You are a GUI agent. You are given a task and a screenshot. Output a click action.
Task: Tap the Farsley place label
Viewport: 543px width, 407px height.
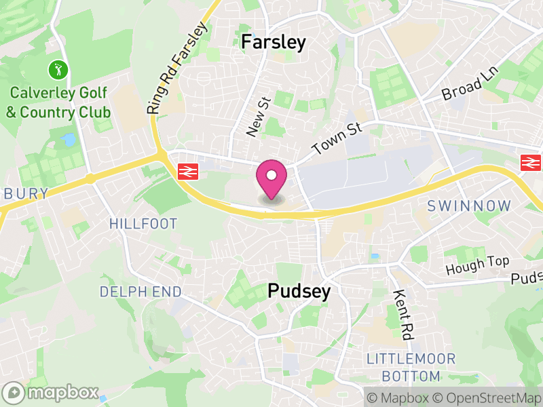pyautogui.click(x=274, y=42)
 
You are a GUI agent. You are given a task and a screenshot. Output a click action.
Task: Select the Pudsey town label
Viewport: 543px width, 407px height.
pyautogui.click(x=299, y=292)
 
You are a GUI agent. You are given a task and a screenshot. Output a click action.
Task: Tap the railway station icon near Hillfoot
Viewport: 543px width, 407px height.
pyautogui.click(x=187, y=172)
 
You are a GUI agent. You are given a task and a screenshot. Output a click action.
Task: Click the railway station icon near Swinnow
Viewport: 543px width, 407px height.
pyautogui.click(x=529, y=162)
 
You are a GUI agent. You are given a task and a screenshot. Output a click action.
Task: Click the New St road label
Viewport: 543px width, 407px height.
pyautogui.click(x=259, y=116)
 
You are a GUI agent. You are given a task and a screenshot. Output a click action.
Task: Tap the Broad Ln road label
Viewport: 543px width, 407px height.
pyautogui.click(x=470, y=83)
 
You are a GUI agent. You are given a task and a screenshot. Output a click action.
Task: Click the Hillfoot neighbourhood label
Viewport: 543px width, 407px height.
pyautogui.click(x=143, y=224)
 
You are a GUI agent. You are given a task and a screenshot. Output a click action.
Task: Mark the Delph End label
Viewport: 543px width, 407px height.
pyautogui.click(x=141, y=292)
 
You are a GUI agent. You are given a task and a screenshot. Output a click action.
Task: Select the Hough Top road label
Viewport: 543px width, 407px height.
pyautogui.click(x=477, y=265)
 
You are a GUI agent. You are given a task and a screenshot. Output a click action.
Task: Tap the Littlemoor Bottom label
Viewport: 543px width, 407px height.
pyautogui.click(x=411, y=367)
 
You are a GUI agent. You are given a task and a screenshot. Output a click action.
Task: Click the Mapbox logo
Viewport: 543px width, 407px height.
pyautogui.click(x=51, y=393)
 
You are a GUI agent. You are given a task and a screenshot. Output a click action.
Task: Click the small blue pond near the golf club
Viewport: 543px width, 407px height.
pyautogui.click(x=68, y=140)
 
